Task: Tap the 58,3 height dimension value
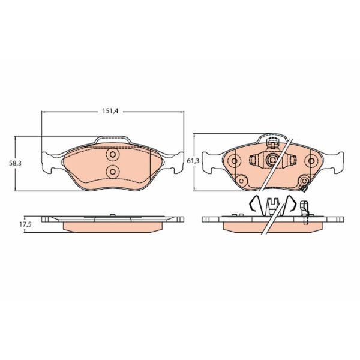16,163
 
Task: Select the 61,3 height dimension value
193,161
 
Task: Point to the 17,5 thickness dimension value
25,224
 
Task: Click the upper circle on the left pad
113,154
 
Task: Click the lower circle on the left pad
113,171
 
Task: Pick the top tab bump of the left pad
113,140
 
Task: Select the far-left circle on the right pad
235,161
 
